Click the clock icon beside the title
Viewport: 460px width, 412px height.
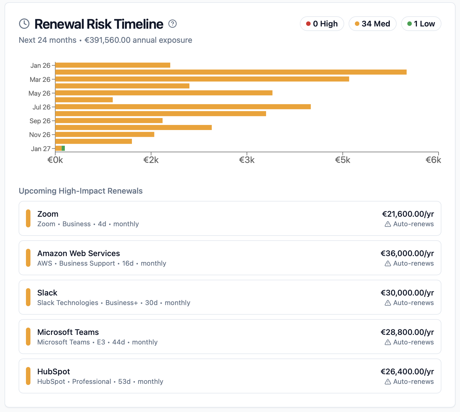tap(24, 24)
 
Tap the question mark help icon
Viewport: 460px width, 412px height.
tap(172, 24)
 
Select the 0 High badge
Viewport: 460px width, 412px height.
tap(322, 24)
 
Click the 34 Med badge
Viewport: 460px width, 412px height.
tap(372, 24)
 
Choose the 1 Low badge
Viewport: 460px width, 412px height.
tap(421, 24)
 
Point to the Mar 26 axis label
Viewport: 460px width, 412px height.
tap(40, 80)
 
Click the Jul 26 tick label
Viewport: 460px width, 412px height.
tap(41, 107)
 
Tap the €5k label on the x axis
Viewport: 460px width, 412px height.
tap(342, 160)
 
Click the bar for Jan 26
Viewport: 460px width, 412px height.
tap(113, 65)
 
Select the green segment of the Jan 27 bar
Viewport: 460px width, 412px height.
tap(63, 148)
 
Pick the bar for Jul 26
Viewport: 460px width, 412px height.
tap(183, 107)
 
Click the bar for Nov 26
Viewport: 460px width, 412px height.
tap(105, 135)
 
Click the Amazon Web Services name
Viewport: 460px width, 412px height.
tap(79, 253)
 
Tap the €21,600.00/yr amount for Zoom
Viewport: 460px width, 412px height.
tap(408, 214)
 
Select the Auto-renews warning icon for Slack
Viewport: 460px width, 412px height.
tap(388, 303)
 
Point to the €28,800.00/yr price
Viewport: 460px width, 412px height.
tap(407, 332)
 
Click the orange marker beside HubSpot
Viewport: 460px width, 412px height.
tap(28, 376)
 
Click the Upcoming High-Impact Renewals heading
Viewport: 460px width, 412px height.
tap(81, 191)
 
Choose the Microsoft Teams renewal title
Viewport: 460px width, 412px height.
tap(68, 332)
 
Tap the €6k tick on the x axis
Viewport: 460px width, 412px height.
tap(433, 160)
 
